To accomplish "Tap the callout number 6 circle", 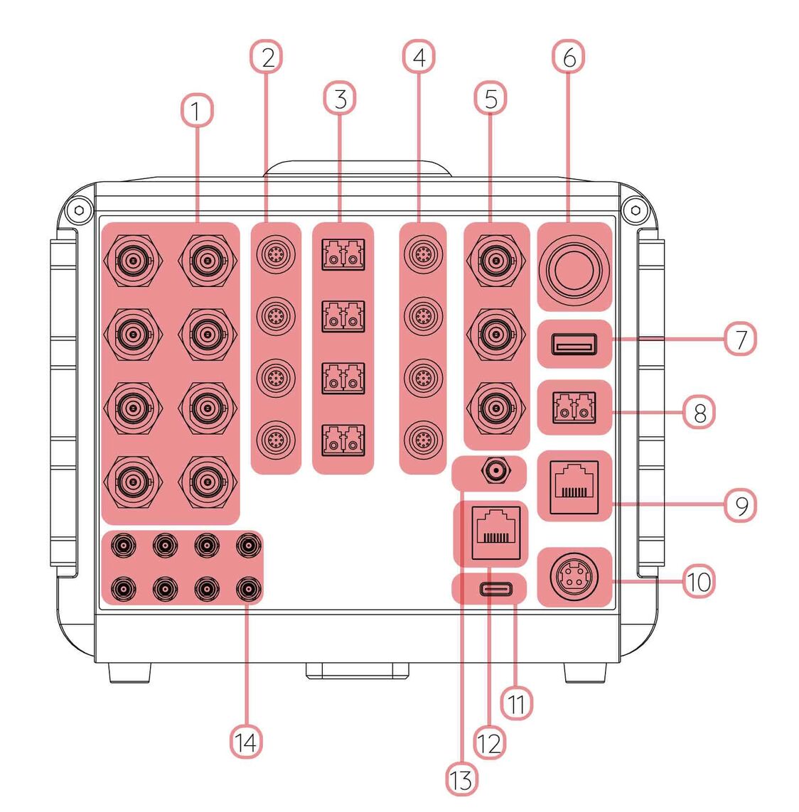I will [569, 58].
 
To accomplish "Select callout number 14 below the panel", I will [245, 742].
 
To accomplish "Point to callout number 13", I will [461, 779].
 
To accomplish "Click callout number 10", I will [699, 581].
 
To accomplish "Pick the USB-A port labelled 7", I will [574, 345].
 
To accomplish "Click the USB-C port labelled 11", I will [490, 589].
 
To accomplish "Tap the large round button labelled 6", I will [574, 268].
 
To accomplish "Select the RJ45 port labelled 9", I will [574, 487].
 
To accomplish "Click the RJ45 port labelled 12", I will [490, 530].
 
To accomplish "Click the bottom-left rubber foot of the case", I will [130, 672].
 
